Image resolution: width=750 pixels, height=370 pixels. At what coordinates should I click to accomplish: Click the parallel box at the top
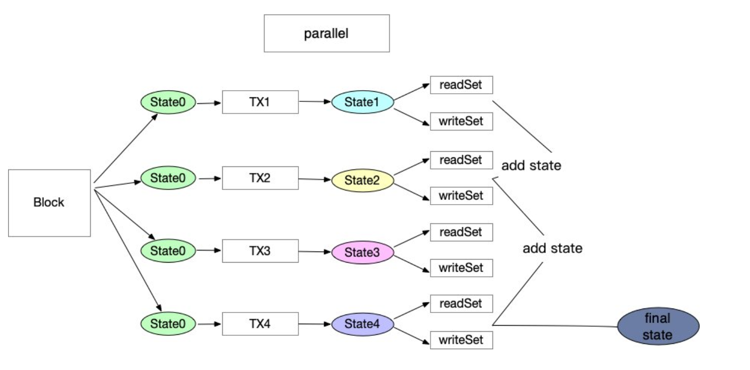(x=327, y=33)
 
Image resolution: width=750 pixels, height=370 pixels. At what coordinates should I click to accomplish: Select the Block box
(x=49, y=203)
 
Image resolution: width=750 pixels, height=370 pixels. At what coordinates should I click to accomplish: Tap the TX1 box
(x=260, y=102)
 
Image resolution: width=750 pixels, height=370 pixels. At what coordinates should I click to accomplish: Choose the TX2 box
(x=260, y=178)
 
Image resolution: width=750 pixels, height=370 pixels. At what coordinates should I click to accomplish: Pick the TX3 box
(x=260, y=251)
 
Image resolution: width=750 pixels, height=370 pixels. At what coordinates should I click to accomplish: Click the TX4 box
(x=260, y=324)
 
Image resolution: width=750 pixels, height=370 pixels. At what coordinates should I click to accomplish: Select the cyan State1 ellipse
(x=362, y=102)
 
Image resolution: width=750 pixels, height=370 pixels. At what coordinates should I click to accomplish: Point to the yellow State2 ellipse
(x=362, y=180)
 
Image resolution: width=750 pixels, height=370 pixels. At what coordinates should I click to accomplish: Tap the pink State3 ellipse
(x=362, y=252)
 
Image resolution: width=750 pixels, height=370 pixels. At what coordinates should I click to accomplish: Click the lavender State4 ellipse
(x=362, y=324)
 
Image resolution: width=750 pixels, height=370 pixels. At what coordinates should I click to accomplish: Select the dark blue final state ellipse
(x=658, y=326)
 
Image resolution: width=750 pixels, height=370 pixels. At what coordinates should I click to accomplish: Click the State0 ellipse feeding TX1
(x=168, y=102)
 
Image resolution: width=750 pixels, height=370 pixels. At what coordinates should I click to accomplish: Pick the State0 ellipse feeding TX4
(x=168, y=324)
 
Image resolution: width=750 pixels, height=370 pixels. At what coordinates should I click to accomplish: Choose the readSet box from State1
(x=461, y=85)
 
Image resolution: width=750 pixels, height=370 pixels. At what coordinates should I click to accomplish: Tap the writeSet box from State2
(x=461, y=196)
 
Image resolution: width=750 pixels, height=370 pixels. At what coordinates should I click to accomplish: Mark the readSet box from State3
(x=461, y=232)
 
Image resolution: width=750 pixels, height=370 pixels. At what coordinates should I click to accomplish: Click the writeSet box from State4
(x=461, y=340)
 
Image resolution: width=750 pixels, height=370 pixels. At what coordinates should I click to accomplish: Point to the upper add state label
(x=531, y=165)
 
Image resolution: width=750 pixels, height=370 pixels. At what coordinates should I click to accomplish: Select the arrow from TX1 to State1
(x=315, y=101)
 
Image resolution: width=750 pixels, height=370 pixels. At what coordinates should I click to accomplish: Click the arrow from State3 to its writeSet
(x=412, y=264)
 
